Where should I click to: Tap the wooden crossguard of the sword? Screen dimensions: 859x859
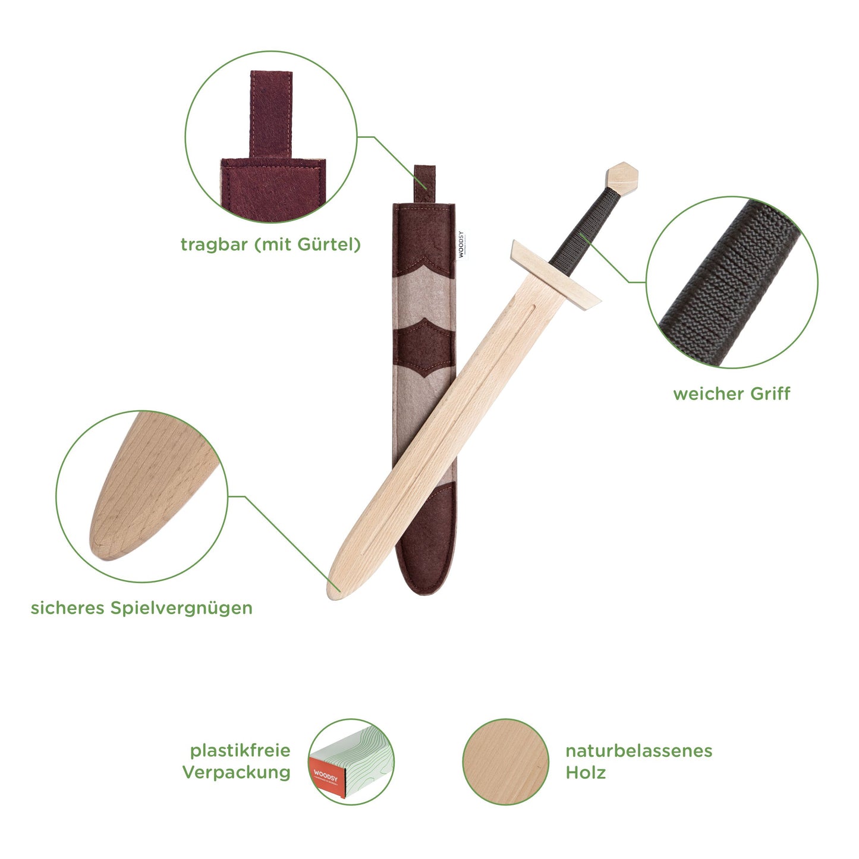[556, 276]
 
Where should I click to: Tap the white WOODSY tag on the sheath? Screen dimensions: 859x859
[461, 244]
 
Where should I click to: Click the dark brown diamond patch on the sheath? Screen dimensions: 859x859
[424, 348]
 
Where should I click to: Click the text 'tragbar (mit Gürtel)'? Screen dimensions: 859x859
[270, 245]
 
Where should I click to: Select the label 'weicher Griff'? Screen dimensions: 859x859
[732, 394]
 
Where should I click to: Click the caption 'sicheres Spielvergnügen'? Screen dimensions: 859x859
[141, 608]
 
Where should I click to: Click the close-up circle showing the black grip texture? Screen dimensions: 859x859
[732, 282]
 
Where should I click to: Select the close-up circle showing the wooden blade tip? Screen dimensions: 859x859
[141, 496]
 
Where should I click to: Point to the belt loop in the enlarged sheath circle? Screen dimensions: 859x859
[270, 114]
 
